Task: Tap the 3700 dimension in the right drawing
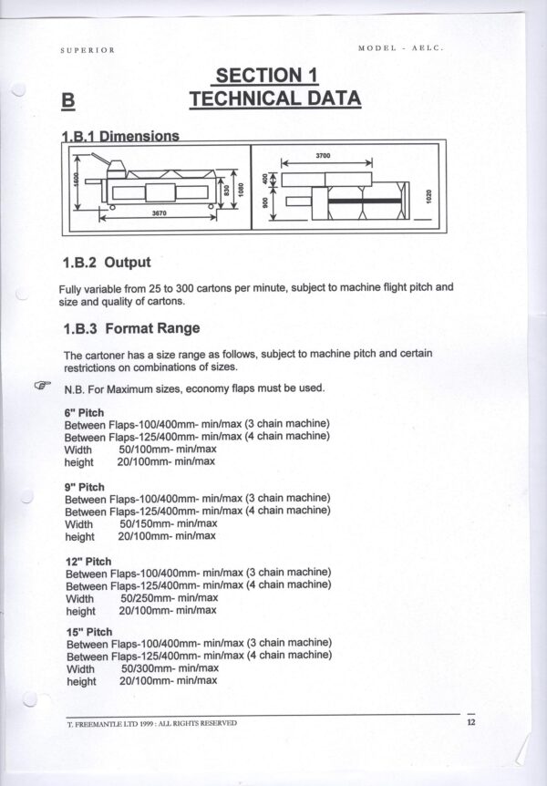click(x=323, y=157)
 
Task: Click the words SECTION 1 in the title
click(x=267, y=75)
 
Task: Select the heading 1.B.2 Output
click(x=107, y=264)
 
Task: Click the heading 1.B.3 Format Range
click(x=131, y=327)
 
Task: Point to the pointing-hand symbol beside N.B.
click(x=42, y=386)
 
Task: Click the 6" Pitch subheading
click(x=84, y=412)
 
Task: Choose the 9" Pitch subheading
click(x=84, y=487)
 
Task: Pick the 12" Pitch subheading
click(x=88, y=561)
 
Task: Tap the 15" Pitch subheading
click(x=89, y=632)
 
